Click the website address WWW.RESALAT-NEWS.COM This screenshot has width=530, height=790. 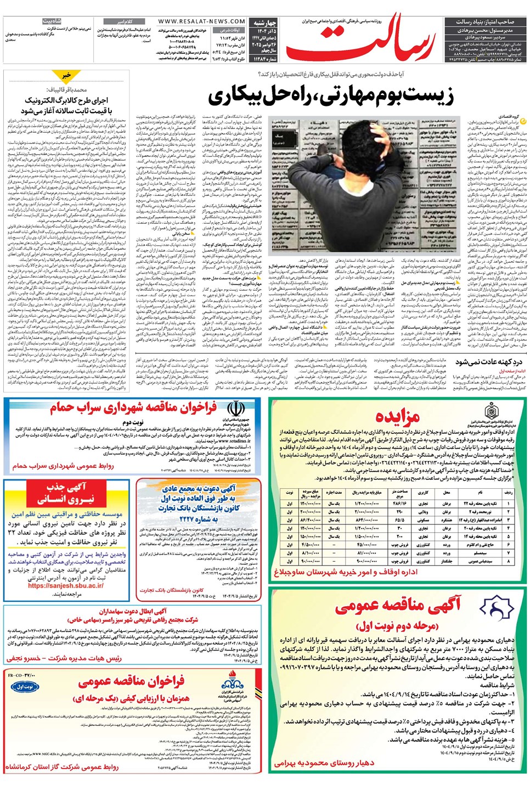pyautogui.click(x=201, y=21)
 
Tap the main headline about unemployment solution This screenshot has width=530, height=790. pyautogui.click(x=331, y=96)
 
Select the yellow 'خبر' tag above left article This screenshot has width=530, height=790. pyautogui.click(x=66, y=75)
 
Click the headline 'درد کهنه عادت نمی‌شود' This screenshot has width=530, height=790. pyautogui.click(x=488, y=362)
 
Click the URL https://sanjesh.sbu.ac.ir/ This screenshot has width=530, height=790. pyautogui.click(x=66, y=585)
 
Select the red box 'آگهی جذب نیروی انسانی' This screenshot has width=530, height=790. pyautogui.click(x=66, y=493)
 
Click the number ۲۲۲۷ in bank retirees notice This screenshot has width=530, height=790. pyautogui.click(x=194, y=519)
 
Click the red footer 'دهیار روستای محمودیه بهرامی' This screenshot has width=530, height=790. pyautogui.click(x=324, y=763)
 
